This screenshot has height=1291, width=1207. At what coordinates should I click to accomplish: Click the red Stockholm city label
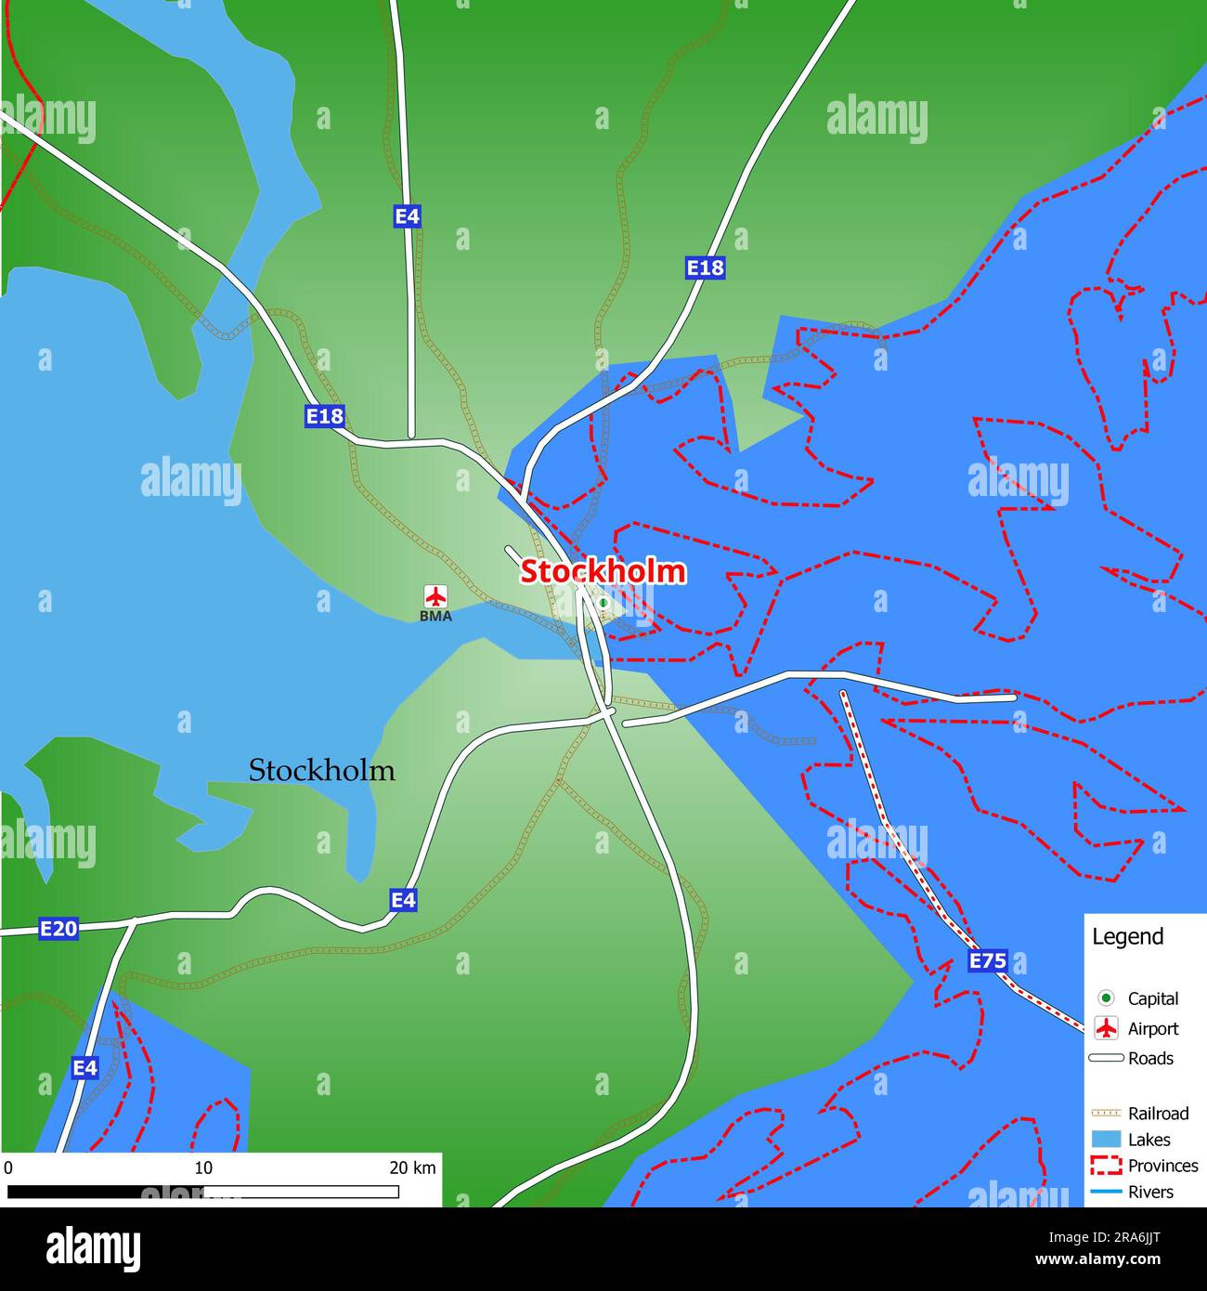click(603, 571)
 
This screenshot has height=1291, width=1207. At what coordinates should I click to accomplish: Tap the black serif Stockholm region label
click(321, 771)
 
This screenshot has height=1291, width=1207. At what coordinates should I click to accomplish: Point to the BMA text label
click(435, 616)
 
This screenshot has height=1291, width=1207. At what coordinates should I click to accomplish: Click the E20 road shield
click(58, 928)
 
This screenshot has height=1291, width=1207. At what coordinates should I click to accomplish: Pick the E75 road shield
click(987, 961)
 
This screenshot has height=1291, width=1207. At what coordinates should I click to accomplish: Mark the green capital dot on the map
click(603, 604)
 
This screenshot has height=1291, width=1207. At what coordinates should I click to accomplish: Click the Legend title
click(1127, 936)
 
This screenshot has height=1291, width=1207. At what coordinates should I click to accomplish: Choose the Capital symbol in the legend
click(1106, 998)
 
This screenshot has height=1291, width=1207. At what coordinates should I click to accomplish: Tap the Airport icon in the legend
click(1106, 1028)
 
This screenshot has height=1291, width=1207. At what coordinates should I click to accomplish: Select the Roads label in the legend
click(1150, 1058)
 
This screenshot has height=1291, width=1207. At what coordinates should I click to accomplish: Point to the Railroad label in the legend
click(1158, 1113)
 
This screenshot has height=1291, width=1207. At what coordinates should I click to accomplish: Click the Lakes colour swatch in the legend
click(1106, 1140)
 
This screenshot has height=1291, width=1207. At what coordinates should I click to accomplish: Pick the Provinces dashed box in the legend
click(1106, 1166)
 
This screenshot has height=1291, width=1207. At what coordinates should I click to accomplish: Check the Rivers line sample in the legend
click(1106, 1192)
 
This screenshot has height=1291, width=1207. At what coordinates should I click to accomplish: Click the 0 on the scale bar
click(8, 1167)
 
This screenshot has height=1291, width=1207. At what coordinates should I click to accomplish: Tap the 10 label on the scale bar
click(203, 1167)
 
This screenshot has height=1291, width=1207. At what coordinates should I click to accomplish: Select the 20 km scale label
click(412, 1167)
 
